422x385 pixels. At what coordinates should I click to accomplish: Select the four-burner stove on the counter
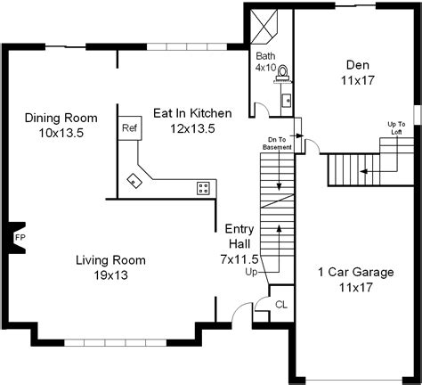204,187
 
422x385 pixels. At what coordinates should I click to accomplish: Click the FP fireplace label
19,238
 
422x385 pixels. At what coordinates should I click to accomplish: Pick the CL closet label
280,305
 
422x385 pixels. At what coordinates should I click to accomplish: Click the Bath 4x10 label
266,61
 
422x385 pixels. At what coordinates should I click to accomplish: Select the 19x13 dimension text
110,275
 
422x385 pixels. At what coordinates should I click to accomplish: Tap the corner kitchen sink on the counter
134,181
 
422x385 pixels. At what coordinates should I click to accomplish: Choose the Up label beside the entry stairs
251,271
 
